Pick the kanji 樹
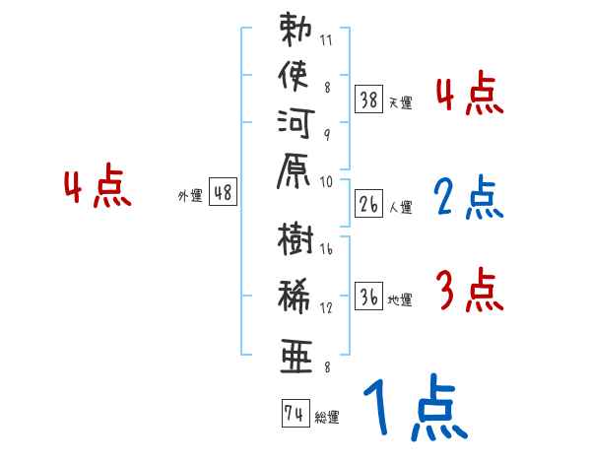tap(296, 242)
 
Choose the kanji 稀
tap(296, 298)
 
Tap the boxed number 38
tap(368, 99)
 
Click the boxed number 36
tap(368, 296)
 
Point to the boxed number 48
tap(223, 193)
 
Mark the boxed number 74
tap(294, 414)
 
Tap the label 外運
tap(189, 196)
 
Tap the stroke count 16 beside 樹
tap(326, 250)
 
